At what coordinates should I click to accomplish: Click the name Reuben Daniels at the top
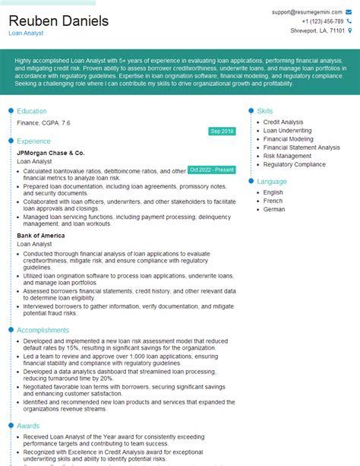click(58, 21)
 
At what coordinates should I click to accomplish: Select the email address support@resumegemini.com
click(311, 13)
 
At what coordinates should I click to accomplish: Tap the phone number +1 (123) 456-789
click(322, 21)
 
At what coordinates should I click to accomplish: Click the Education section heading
click(33, 111)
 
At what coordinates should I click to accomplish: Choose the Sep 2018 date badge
click(222, 132)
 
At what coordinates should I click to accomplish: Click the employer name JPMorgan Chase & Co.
click(50, 153)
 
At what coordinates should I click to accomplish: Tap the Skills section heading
click(266, 111)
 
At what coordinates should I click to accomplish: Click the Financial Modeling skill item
click(288, 139)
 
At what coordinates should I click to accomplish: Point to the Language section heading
click(272, 182)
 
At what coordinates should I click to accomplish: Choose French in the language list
click(273, 201)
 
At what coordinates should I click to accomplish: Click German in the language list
click(274, 209)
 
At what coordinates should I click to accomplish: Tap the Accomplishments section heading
click(44, 331)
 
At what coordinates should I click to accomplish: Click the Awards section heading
click(30, 426)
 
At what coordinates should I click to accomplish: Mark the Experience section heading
click(34, 141)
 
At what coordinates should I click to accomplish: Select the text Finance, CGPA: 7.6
click(44, 122)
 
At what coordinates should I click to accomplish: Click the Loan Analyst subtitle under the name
click(26, 33)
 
